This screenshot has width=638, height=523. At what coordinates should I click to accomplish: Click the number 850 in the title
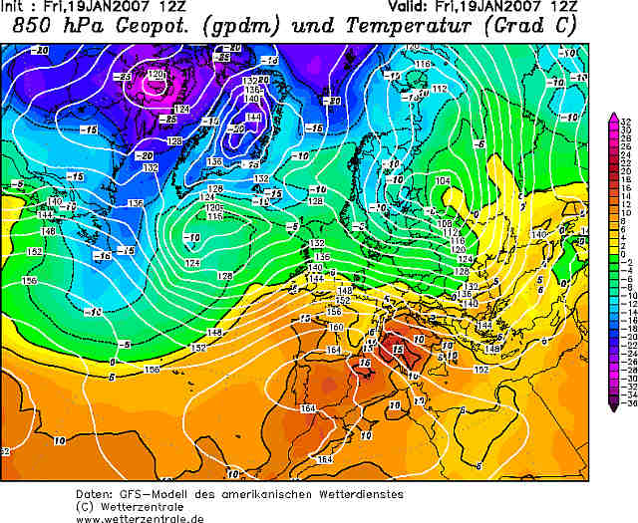click(x=32, y=27)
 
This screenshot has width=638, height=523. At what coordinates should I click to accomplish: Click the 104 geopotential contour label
click(x=443, y=180)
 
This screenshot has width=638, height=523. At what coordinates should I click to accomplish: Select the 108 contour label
click(x=447, y=223)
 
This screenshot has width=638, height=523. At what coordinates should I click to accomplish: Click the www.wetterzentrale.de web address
click(x=140, y=517)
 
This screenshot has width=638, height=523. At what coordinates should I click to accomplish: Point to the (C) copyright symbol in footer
click(x=86, y=506)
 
